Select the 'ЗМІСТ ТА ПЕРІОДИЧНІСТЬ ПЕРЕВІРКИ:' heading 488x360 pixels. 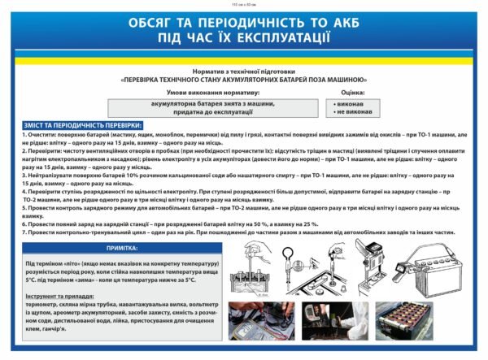[x=82, y=125]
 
